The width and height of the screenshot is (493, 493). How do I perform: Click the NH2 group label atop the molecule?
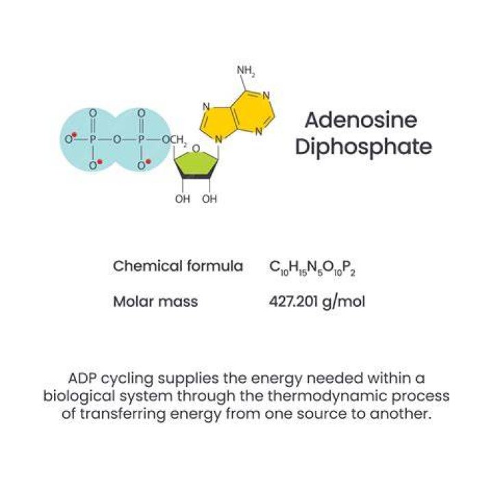pyautogui.click(x=246, y=71)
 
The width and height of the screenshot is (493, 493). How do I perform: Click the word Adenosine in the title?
pyautogui.click(x=361, y=120)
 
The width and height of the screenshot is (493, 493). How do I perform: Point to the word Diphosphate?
pyautogui.click(x=364, y=147)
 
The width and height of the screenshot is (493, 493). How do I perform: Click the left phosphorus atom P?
pyautogui.click(x=92, y=139)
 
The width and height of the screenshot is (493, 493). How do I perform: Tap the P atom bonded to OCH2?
pyautogui.click(x=142, y=139)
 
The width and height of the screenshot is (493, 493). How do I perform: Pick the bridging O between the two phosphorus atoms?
pyautogui.click(x=117, y=139)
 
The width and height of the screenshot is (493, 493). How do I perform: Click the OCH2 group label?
pyautogui.click(x=175, y=140)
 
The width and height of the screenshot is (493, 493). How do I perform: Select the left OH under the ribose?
pyautogui.click(x=183, y=199)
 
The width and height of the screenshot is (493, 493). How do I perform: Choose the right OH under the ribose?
pyautogui.click(x=210, y=199)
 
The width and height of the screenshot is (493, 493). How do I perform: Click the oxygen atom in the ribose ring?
pyautogui.click(x=196, y=149)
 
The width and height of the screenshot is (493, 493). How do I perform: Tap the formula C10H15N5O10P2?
pyautogui.click(x=312, y=268)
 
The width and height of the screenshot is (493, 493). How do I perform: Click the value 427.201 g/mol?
pyautogui.click(x=317, y=302)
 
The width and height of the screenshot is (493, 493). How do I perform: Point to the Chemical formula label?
pyautogui.click(x=178, y=266)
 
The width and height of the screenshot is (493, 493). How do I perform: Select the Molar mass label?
pyautogui.click(x=155, y=301)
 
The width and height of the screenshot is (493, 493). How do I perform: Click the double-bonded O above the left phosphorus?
pyautogui.click(x=92, y=112)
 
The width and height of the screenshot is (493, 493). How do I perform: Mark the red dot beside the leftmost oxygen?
pyautogui.click(x=75, y=135)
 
